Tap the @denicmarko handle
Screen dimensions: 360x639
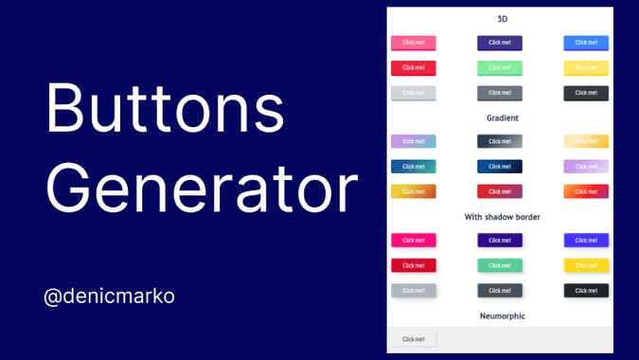click(x=109, y=297)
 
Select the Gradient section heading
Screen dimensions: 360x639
click(x=502, y=117)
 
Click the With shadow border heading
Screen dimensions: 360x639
click(x=502, y=217)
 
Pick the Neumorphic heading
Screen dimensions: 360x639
click(x=502, y=315)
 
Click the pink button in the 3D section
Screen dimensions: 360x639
click(x=413, y=43)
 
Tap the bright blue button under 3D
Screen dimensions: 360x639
click(x=586, y=43)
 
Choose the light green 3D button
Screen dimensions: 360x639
click(x=500, y=68)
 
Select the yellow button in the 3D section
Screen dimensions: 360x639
click(x=586, y=68)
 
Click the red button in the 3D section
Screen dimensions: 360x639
click(x=413, y=68)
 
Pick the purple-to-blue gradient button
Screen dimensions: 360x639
click(x=413, y=141)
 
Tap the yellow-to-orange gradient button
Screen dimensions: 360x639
click(x=413, y=191)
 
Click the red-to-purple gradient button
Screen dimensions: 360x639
click(x=500, y=191)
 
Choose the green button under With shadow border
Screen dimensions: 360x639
click(x=500, y=265)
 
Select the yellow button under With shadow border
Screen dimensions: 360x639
click(x=586, y=265)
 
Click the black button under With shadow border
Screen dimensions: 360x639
click(x=586, y=291)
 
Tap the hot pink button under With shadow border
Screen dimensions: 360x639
click(x=413, y=241)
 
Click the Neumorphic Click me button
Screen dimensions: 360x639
click(x=413, y=339)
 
